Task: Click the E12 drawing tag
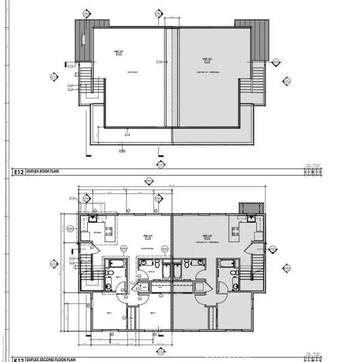tap(18, 172)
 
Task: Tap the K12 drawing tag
tap(18, 358)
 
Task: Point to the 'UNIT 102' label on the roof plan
tap(206, 59)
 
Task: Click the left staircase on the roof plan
tap(87, 81)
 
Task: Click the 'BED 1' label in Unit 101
tap(110, 313)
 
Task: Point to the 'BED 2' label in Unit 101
tap(153, 313)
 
